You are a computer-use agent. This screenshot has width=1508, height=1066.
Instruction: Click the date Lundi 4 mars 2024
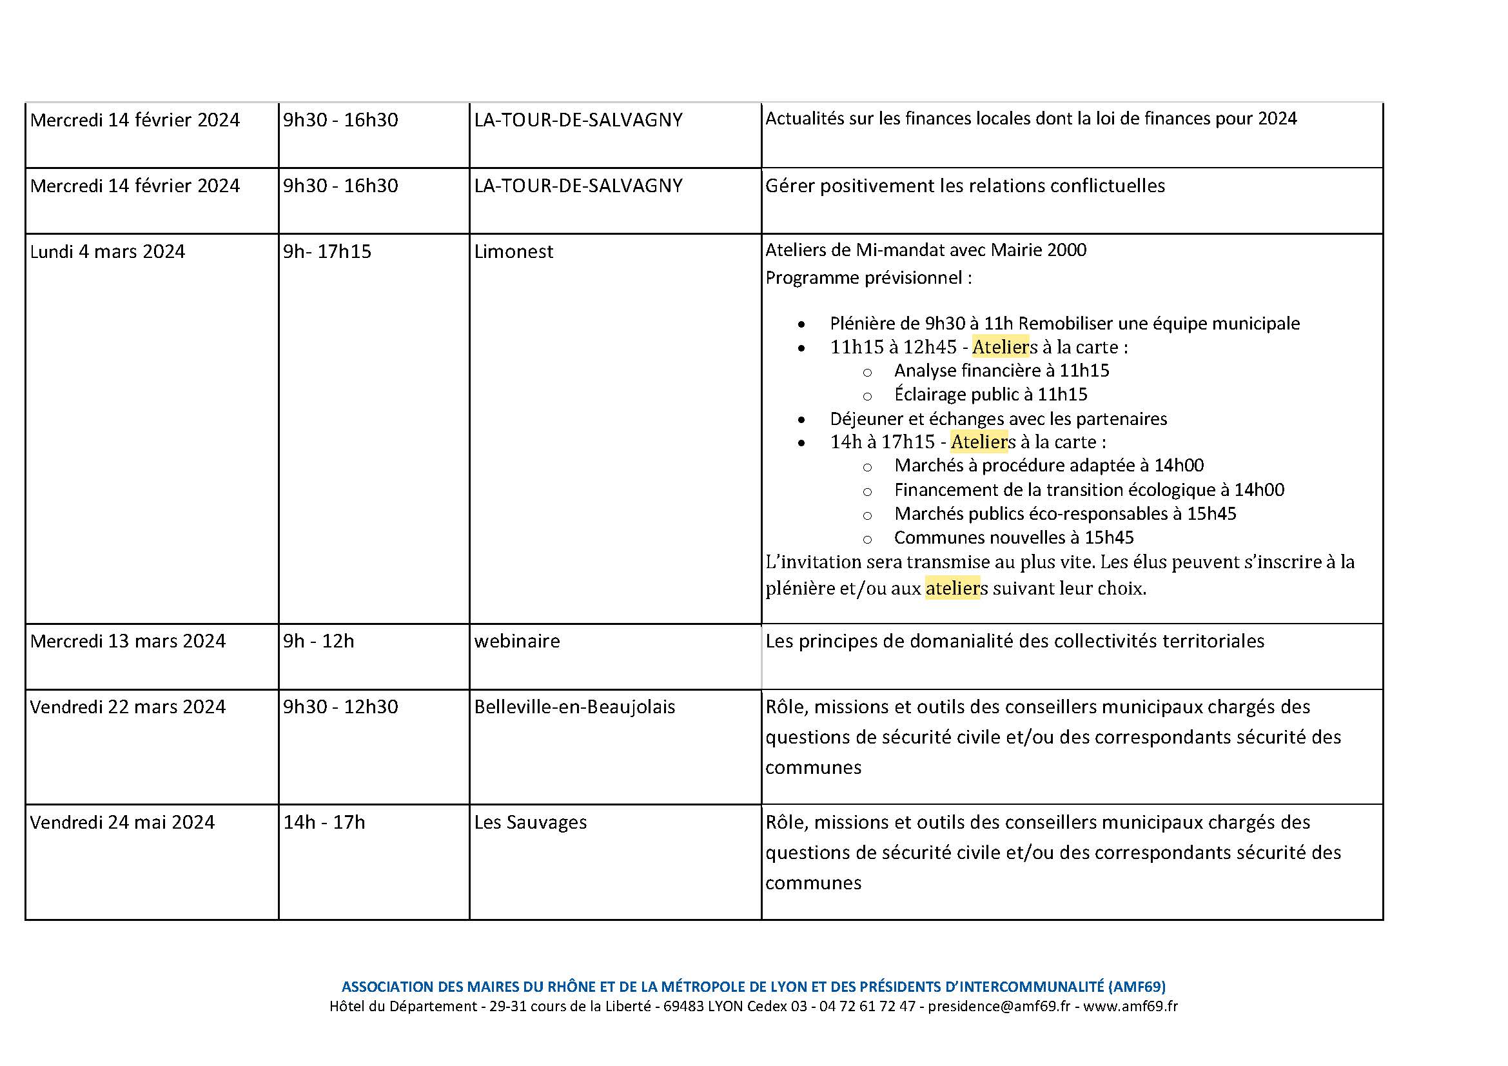coord(107,252)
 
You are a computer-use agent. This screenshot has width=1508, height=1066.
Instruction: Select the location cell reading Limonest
coord(513,252)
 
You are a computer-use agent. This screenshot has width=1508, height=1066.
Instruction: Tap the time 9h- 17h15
coord(326,252)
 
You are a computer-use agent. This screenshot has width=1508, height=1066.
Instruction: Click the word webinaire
coord(516,641)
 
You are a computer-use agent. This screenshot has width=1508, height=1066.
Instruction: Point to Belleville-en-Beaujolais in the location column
coord(574,707)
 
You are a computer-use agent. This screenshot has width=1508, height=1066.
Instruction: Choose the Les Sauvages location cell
coord(530,822)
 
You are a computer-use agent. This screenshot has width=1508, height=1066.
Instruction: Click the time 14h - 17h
coord(323,822)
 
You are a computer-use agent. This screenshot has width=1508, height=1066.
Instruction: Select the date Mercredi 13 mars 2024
coord(128,641)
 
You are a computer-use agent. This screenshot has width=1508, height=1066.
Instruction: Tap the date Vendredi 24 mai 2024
coord(122,822)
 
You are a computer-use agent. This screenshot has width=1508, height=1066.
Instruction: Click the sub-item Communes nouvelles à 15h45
coord(1013,537)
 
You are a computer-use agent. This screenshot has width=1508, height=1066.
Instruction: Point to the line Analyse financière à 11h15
coord(1001,370)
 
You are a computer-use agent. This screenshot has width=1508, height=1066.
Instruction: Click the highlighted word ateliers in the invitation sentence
coord(952,588)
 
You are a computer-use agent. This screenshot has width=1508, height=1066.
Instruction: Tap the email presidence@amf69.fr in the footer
coord(998,1006)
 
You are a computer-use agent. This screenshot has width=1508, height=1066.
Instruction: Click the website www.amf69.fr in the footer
coord(1130,1006)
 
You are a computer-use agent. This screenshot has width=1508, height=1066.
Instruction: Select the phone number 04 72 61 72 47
coord(867,1006)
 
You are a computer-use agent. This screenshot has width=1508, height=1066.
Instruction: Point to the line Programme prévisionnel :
coord(868,278)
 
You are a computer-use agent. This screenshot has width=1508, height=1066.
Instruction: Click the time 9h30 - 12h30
coord(340,707)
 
